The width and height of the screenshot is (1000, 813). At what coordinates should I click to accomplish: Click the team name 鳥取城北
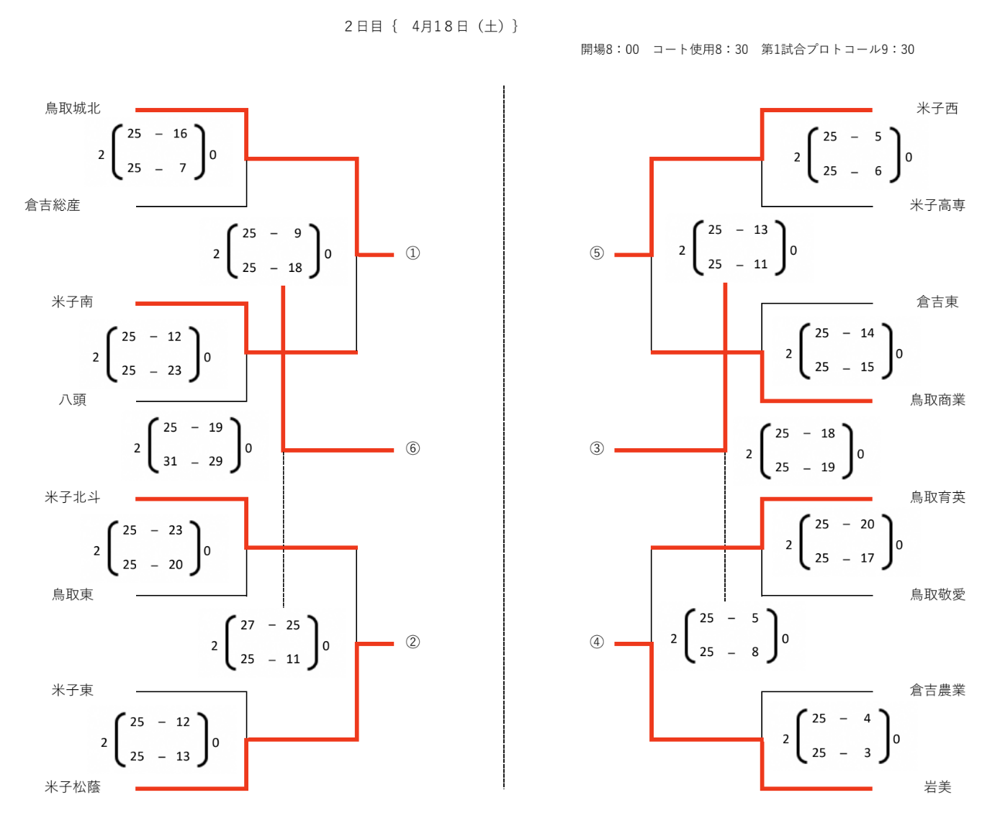(x=72, y=109)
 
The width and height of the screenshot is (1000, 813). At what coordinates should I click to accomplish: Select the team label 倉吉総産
(x=53, y=205)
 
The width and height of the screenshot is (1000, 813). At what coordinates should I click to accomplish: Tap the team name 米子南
(x=72, y=301)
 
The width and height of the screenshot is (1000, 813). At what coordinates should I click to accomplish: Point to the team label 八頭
(x=72, y=400)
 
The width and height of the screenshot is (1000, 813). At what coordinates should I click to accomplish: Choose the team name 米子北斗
(x=72, y=497)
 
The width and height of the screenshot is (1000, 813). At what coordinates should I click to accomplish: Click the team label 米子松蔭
(x=72, y=786)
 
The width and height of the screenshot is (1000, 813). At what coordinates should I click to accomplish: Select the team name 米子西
(x=937, y=109)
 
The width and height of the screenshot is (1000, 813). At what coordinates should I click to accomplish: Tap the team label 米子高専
(x=937, y=205)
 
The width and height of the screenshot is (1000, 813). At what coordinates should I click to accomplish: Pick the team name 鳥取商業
(x=937, y=400)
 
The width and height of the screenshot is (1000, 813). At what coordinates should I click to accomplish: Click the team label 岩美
(x=937, y=786)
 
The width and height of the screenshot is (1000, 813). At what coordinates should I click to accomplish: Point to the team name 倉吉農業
(x=937, y=690)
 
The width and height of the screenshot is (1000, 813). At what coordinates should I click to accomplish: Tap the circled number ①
(x=413, y=253)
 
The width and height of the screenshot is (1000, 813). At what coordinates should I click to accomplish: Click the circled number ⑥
(x=413, y=448)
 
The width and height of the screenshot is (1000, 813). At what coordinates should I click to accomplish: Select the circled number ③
(x=596, y=448)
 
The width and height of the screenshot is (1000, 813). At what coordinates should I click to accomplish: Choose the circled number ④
(x=596, y=642)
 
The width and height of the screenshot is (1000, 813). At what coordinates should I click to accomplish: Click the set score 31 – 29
(x=193, y=462)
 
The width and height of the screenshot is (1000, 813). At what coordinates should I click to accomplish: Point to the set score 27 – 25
(x=270, y=625)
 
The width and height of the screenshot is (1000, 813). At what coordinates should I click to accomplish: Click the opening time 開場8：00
(x=609, y=49)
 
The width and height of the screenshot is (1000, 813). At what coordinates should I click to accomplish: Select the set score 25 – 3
(x=842, y=753)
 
